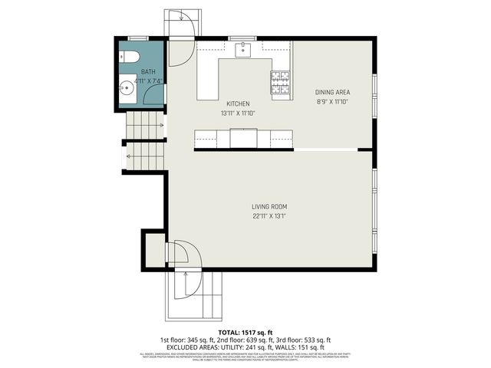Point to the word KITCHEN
point(238,103)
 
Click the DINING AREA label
point(332,92)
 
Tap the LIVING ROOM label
point(269,206)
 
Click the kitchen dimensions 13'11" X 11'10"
point(238,113)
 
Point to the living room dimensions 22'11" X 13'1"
point(269,215)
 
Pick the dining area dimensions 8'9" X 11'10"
point(332,101)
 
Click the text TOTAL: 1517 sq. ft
point(245,331)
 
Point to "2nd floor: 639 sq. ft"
point(245,339)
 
